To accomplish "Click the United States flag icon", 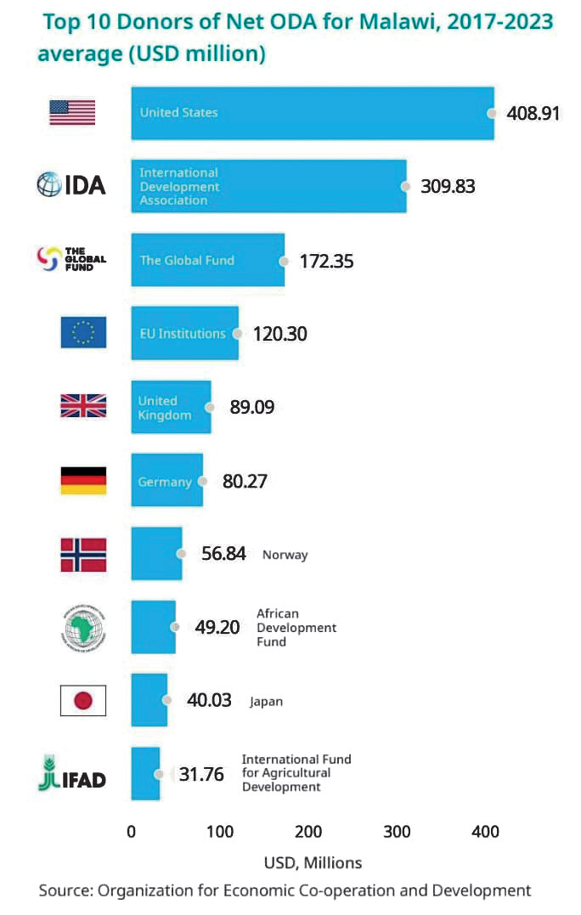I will point(72,112).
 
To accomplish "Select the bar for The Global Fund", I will point(207,260).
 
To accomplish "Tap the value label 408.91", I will point(533,113).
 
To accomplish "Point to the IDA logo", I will point(71,184).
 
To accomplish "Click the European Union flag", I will point(83,332).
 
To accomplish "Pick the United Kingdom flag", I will point(83,407).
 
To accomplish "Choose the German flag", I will point(83,481).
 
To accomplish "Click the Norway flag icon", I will point(83,555).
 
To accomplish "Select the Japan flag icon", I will point(83,701).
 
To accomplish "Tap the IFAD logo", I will point(72,774).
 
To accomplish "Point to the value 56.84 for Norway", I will point(223,554).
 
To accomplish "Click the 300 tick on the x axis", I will point(397,832).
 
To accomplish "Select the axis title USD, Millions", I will point(313,862).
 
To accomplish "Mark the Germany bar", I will point(166,481).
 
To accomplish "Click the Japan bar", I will point(149,701).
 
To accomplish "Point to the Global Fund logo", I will point(72,259).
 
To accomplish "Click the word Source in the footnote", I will point(65,890).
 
